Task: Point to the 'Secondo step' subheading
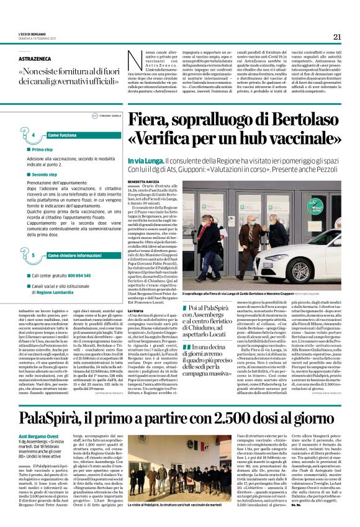click(45, 175)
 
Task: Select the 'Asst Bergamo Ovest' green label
click(35, 420)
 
